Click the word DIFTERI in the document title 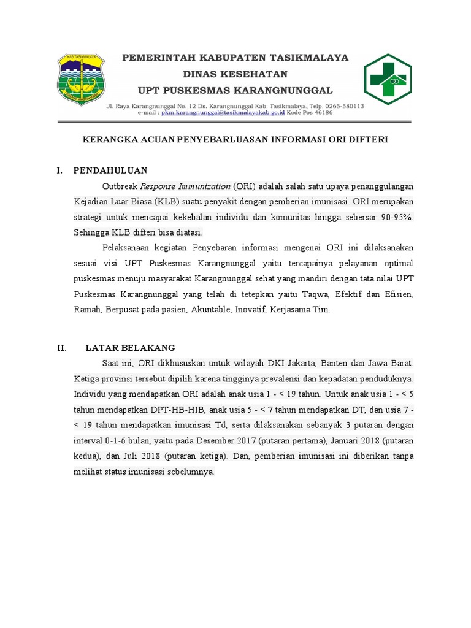(366, 140)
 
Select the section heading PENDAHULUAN (110, 170)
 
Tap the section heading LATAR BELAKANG (131, 347)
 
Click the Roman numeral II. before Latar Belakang (62, 347)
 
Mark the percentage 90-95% (394, 217)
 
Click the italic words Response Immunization (185, 186)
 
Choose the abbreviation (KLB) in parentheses (166, 202)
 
